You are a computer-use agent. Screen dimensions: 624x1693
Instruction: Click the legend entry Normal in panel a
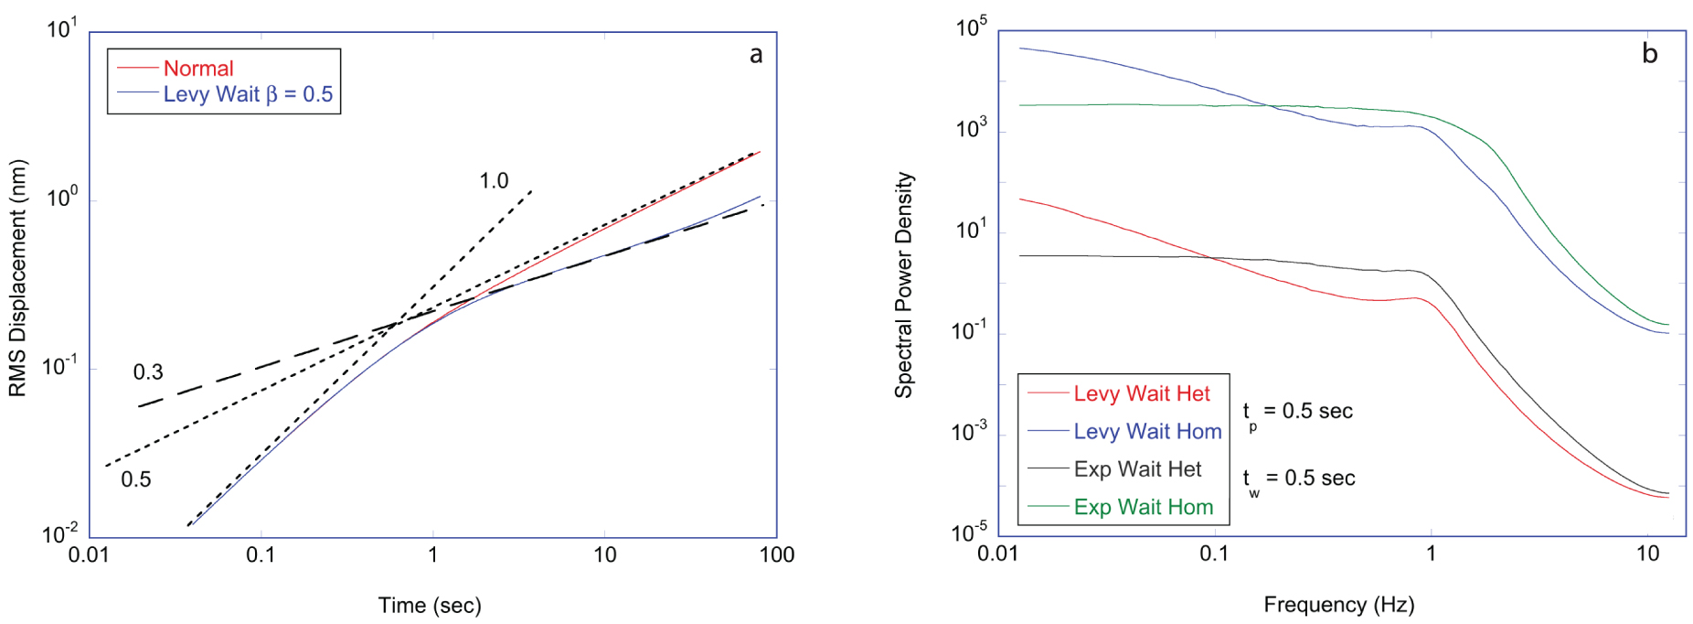coord(197,69)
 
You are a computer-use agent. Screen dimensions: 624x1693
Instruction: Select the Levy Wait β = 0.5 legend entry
coord(247,94)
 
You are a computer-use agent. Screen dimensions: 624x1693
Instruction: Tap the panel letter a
coord(756,55)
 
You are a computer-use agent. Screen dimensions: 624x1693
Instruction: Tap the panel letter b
coord(1649,54)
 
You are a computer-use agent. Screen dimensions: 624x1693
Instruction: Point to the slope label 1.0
coord(494,181)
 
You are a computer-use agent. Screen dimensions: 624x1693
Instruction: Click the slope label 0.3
coord(148,372)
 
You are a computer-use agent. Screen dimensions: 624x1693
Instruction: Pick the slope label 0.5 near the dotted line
coord(136,479)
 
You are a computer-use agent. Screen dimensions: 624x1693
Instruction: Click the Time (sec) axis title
coord(430,605)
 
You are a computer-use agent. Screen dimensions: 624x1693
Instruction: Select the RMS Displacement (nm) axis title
coord(17,279)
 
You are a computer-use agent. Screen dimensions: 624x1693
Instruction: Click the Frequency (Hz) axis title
coord(1338,604)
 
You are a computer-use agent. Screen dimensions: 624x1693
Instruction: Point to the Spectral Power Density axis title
coord(903,285)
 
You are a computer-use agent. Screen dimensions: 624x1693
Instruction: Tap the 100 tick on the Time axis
coord(776,554)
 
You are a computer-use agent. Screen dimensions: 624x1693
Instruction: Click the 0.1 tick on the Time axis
coord(261,554)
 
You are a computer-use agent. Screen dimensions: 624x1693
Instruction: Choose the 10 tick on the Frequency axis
coord(1647,554)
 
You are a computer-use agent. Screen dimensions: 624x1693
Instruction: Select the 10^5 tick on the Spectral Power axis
coord(971,28)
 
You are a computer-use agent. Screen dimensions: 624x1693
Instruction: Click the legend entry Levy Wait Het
coord(1141,394)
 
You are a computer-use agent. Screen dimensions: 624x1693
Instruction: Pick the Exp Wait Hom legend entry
coord(1143,508)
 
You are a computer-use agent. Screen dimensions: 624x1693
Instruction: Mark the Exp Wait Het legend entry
coord(1137,469)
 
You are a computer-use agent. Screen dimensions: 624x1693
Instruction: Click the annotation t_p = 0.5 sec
coord(1297,412)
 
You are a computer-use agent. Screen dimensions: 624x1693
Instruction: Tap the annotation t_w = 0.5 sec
coord(1298,479)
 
